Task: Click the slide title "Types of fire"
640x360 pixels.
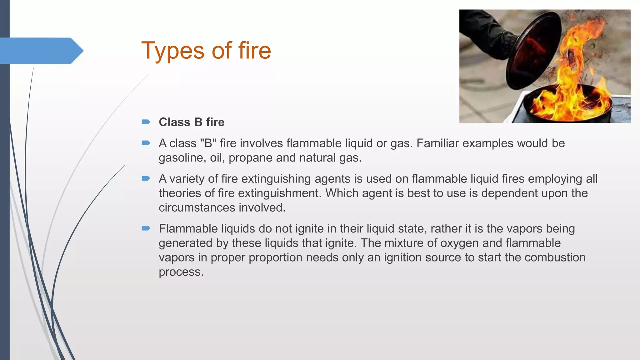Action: click(206, 51)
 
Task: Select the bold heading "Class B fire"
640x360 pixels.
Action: click(192, 122)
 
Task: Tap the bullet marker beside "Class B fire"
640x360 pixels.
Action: click(146, 122)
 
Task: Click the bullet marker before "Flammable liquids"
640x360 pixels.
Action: click(146, 228)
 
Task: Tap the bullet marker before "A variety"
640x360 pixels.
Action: click(146, 178)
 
